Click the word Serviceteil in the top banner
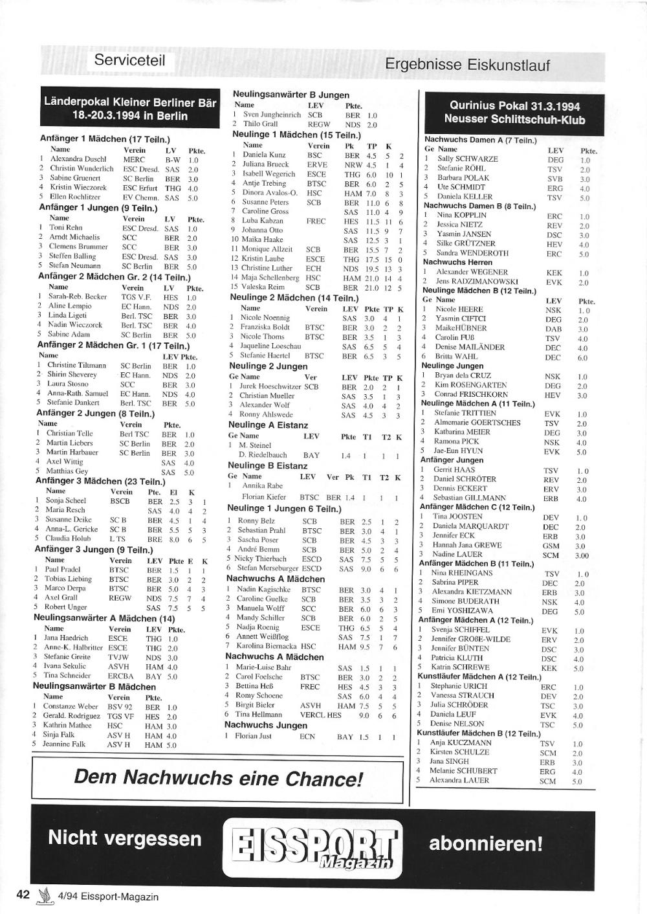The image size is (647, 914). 129,60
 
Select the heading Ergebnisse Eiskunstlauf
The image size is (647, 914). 467,65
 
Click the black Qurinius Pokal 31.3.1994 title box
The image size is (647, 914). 514,113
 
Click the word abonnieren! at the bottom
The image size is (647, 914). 486,844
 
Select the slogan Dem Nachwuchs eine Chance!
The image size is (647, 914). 219,777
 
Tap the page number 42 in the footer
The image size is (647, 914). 23,895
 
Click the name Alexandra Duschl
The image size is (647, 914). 78,159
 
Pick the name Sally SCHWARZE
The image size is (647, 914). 468,159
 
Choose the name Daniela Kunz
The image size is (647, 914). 264,155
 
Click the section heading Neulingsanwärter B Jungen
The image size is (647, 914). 291,95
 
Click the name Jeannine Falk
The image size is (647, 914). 63,744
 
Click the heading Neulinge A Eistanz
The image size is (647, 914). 268,425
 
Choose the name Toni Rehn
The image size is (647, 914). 65,228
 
